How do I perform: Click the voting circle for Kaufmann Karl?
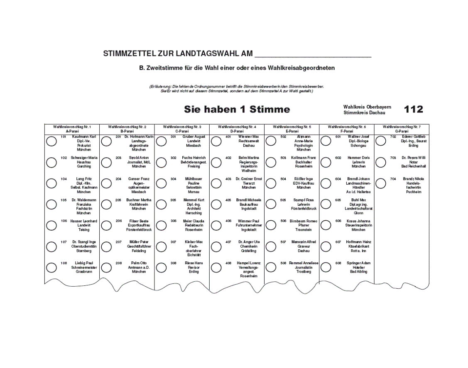pyautogui.click(x=51, y=141)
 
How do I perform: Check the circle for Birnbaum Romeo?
pyautogui.click(x=271, y=225)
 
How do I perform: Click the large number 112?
pyautogui.click(x=414, y=109)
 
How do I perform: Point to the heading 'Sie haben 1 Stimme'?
pyautogui.click(x=237, y=110)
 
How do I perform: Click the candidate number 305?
pyautogui.click(x=174, y=200)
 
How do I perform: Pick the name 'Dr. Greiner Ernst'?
pyautogui.click(x=249, y=179)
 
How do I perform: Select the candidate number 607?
pyautogui.click(x=338, y=242)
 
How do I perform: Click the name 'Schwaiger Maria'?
pyautogui.click(x=84, y=158)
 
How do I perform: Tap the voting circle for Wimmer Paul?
pyautogui.click(x=216, y=225)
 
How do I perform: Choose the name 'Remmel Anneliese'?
pyautogui.click(x=304, y=263)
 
